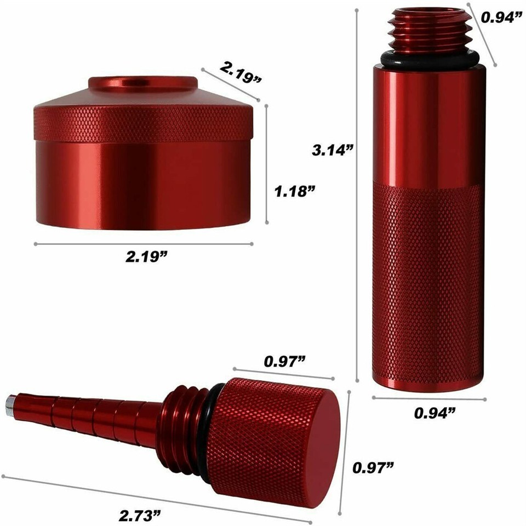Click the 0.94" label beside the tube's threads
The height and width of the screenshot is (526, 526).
point(501,18)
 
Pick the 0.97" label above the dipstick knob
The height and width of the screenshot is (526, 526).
point(284,362)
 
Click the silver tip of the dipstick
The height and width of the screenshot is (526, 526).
point(10,405)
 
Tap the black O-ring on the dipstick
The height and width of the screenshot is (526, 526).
point(211,422)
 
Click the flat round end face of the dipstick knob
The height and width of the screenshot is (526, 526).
point(321,450)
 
